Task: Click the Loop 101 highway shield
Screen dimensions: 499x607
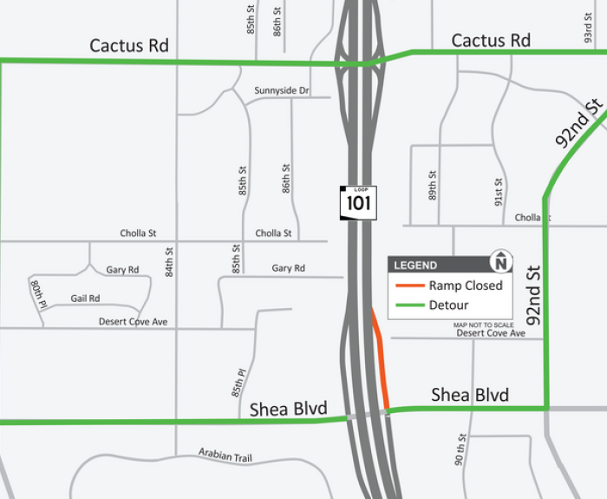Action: [357, 202]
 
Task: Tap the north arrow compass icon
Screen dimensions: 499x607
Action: [501, 260]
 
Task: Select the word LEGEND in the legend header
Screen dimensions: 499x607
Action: [416, 266]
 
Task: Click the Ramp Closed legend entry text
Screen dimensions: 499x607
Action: [466, 286]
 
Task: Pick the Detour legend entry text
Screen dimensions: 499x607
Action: [448, 305]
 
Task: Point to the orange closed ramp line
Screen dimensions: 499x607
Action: [381, 360]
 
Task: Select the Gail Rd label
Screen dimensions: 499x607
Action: [85, 299]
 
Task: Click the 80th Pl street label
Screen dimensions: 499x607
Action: [37, 291]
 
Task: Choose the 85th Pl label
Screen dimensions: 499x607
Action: [240, 382]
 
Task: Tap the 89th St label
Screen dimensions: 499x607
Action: [433, 185]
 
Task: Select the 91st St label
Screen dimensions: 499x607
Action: [499, 190]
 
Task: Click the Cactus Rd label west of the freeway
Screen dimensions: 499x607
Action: [129, 46]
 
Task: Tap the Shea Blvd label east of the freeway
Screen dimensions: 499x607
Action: [470, 396]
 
